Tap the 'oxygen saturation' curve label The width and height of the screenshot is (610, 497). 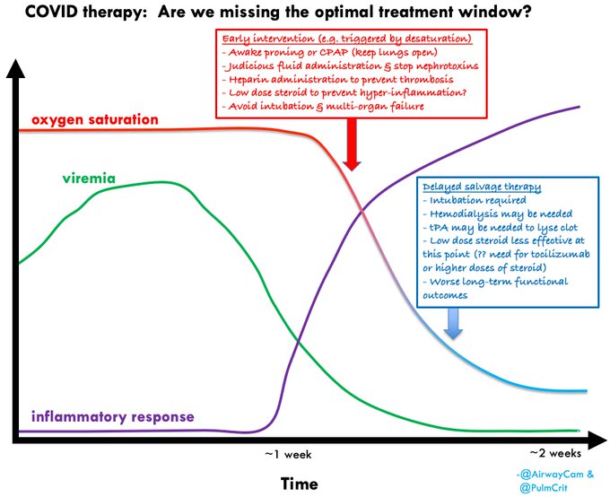tap(95, 119)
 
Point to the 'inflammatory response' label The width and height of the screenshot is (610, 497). tap(112, 417)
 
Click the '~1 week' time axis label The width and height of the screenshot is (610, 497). tap(287, 454)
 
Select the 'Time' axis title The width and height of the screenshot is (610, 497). tap(299, 484)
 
